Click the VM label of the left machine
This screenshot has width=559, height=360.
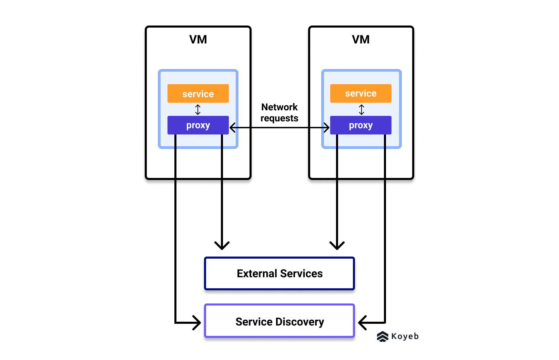pyautogui.click(x=198, y=40)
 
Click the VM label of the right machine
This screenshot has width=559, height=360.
pyautogui.click(x=361, y=40)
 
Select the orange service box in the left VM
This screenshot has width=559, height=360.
pyautogui.click(x=198, y=94)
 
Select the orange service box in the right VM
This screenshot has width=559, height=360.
pyautogui.click(x=361, y=93)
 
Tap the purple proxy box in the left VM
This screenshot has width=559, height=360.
pyautogui.click(x=198, y=125)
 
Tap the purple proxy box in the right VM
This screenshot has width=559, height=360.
pyautogui.click(x=361, y=125)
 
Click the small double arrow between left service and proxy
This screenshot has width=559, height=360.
pyautogui.click(x=198, y=110)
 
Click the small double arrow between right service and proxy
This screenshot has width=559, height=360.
pyautogui.click(x=362, y=110)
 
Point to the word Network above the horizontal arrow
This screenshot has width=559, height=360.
pyautogui.click(x=279, y=107)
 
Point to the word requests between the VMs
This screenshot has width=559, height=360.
pyautogui.click(x=279, y=118)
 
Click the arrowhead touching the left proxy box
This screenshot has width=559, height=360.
pyautogui.click(x=233, y=128)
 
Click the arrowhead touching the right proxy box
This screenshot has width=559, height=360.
pyautogui.click(x=326, y=128)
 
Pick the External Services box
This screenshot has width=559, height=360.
pyautogui.click(x=279, y=273)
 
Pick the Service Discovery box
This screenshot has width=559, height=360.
pyautogui.click(x=279, y=321)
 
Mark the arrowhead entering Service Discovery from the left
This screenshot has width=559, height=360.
pyautogui.click(x=197, y=323)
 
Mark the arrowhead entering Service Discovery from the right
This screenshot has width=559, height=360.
pyautogui.click(x=362, y=323)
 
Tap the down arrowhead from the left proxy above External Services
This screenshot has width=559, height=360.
pyautogui.click(x=222, y=246)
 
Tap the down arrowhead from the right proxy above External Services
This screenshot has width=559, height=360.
pyautogui.click(x=337, y=246)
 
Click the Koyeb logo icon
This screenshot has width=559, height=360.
pyautogui.click(x=383, y=337)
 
